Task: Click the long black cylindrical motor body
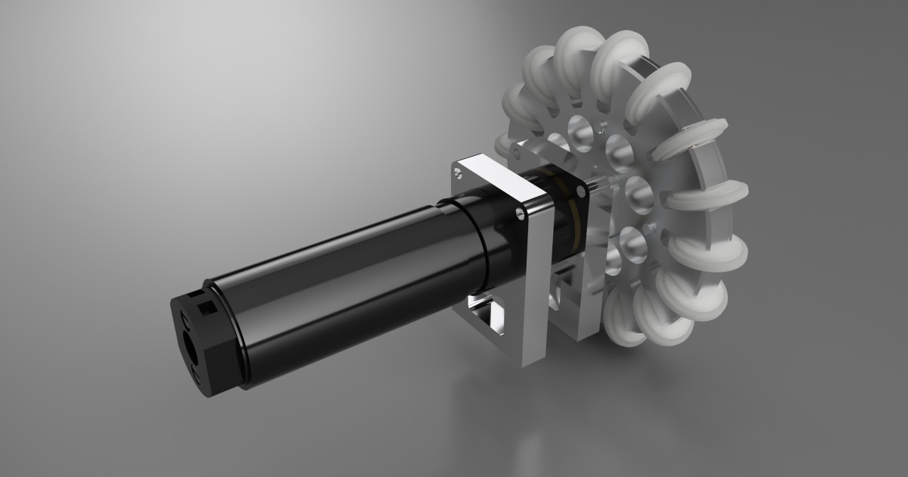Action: (340, 288)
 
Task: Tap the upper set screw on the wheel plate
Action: (603, 126)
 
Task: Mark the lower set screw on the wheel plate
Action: (648, 227)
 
